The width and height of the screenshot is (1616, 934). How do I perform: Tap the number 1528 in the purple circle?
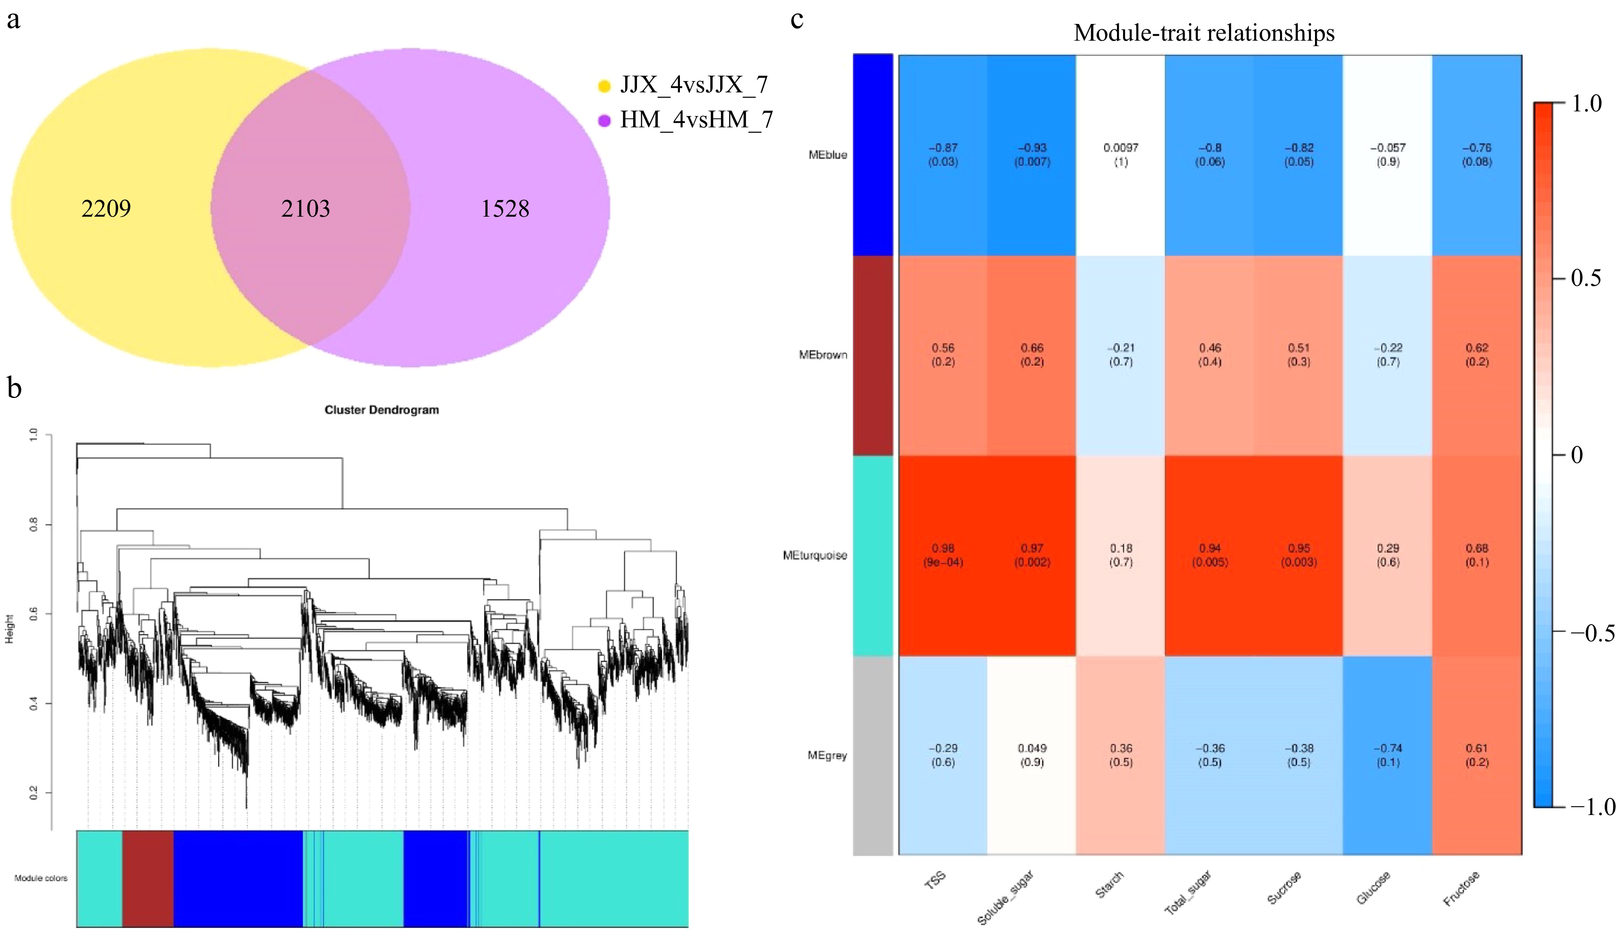[x=505, y=208]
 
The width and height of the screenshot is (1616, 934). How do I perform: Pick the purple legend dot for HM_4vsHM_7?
[x=604, y=121]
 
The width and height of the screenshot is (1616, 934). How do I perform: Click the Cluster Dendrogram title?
[x=382, y=410]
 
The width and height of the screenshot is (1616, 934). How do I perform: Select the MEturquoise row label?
[x=814, y=555]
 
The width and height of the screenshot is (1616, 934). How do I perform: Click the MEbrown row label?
[x=823, y=355]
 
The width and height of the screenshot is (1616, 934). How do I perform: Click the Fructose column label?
[x=1461, y=888]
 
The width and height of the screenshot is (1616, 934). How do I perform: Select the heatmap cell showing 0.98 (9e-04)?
[x=943, y=555]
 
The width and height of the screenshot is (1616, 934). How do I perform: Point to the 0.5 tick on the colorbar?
[x=1586, y=278]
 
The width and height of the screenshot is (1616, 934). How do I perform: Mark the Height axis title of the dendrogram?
[x=9, y=629]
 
